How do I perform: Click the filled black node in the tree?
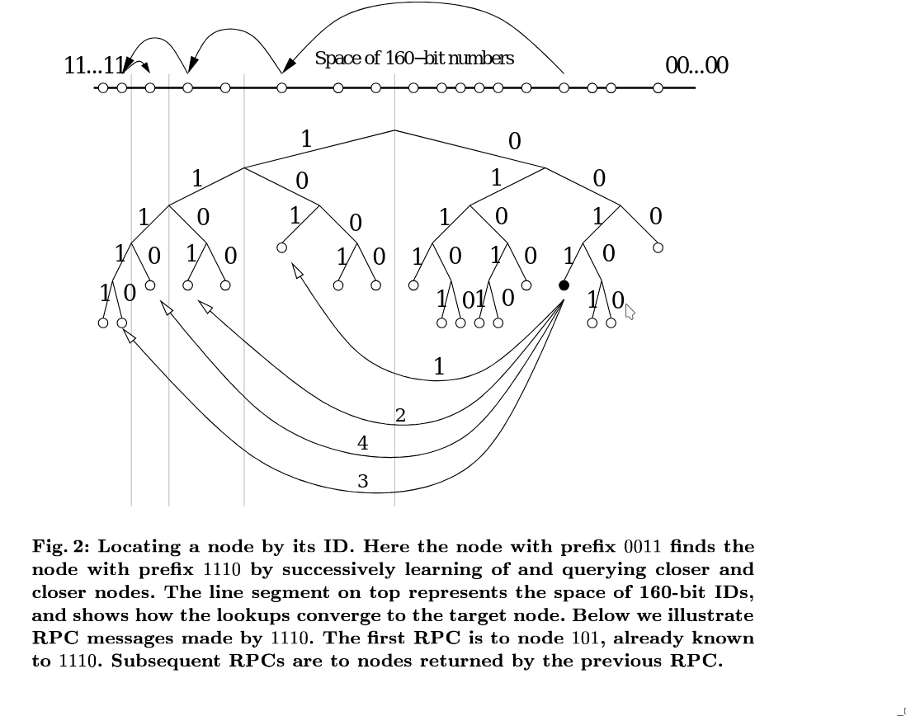coord(564,285)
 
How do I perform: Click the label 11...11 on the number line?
coord(93,66)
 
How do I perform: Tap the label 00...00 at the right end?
coord(697,66)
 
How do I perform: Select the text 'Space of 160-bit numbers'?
coord(414,59)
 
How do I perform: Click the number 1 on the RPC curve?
coord(439,366)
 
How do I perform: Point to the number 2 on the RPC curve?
coord(400,415)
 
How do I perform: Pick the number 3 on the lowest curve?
coord(363,481)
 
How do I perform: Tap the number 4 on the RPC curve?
coord(363,443)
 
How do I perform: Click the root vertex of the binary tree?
coord(394,130)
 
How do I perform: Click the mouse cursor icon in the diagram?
coord(630,312)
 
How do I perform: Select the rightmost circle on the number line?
coord(658,87)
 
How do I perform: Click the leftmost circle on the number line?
coord(103,87)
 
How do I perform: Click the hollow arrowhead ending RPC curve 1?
coord(297,271)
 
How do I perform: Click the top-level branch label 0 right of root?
coord(514,142)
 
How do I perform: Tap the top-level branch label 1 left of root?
coord(306,139)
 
